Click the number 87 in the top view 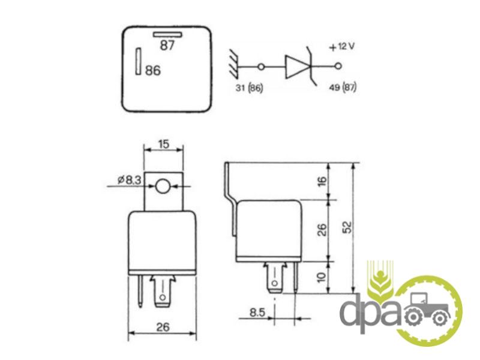(x=167, y=46)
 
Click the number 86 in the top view (x=153, y=70)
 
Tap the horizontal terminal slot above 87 (x=168, y=34)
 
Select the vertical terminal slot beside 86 (x=139, y=61)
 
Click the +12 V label (x=341, y=47)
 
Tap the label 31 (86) (x=249, y=88)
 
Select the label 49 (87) (x=343, y=88)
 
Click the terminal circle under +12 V (x=338, y=66)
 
